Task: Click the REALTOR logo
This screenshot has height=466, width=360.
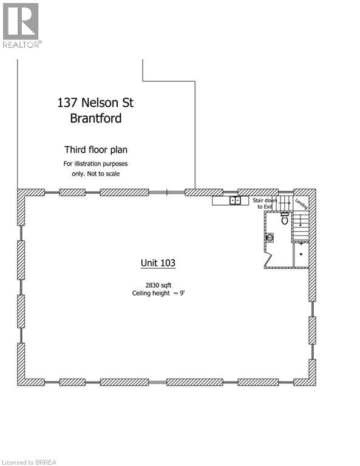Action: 21,25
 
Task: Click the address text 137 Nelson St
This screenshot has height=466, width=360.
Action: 95,103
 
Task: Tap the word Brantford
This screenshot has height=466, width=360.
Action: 95,118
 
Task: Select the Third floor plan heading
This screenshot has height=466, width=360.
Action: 96,149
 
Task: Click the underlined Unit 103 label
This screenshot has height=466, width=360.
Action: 158,263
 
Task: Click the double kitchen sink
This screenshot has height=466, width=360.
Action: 236,200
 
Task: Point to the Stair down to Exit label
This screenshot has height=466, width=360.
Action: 265,203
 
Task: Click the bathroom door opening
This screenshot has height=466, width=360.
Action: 268,260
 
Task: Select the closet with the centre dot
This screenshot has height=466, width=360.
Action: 301,254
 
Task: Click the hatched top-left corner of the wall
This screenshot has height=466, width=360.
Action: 22,195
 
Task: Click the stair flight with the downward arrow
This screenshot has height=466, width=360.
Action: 302,227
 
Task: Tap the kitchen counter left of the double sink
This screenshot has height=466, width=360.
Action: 220,200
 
